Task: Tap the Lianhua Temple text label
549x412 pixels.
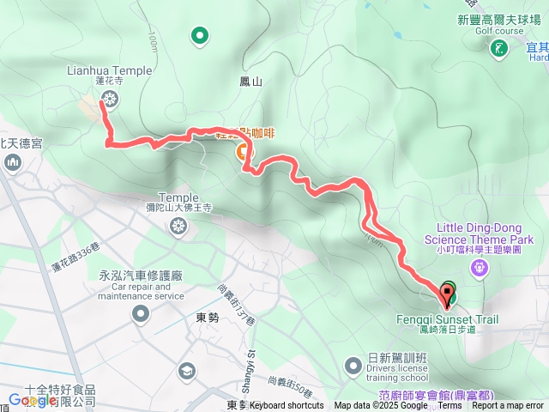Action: [x=109, y=70]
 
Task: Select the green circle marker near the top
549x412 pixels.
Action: [x=200, y=35]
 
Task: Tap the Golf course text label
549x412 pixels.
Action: [x=499, y=29]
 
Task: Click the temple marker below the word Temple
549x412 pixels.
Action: [x=178, y=227]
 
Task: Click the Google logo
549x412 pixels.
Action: [x=33, y=400]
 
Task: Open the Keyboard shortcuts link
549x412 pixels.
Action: [x=287, y=406]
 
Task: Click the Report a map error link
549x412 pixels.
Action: [x=507, y=406]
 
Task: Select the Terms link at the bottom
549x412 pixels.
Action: [x=449, y=406]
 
